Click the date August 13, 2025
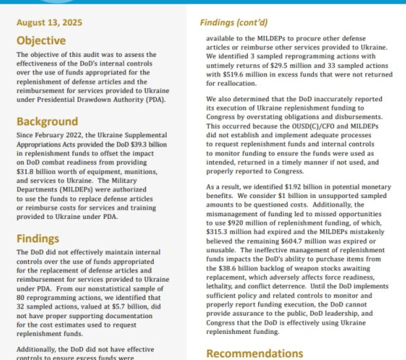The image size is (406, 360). (49, 22)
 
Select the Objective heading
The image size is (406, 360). (41, 40)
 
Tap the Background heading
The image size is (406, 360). (47, 122)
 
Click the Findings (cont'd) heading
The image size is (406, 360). (234, 22)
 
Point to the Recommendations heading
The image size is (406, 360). (255, 353)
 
